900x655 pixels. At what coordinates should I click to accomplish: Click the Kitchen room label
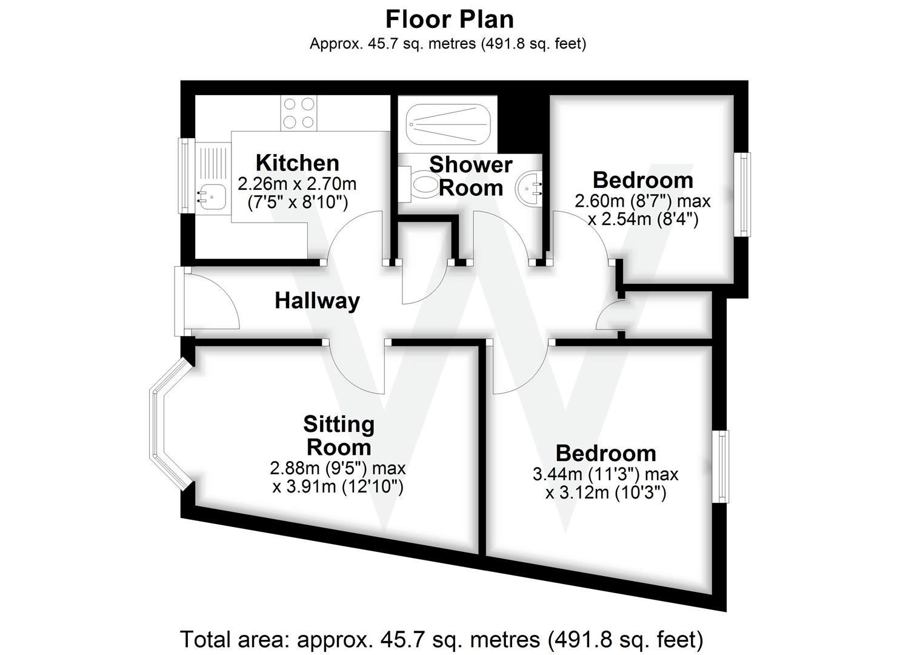tap(297, 163)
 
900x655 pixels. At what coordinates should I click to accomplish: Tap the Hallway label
tap(317, 300)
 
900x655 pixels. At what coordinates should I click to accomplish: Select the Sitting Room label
tap(338, 435)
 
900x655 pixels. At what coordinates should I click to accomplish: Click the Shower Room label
tap(470, 176)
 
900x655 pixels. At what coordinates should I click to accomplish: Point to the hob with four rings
tap(299, 113)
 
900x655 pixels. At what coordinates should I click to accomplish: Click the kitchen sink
tap(210, 195)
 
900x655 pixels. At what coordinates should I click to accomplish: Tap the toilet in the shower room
tap(421, 183)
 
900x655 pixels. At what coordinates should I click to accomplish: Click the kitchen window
tap(184, 176)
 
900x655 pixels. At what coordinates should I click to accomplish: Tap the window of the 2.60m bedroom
tap(743, 194)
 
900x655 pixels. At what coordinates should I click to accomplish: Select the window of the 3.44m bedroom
tap(720, 466)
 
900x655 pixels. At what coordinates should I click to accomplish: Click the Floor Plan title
tap(450, 19)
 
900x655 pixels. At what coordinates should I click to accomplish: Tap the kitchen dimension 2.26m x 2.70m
tap(297, 183)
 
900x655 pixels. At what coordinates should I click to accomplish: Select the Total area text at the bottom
tap(441, 639)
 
